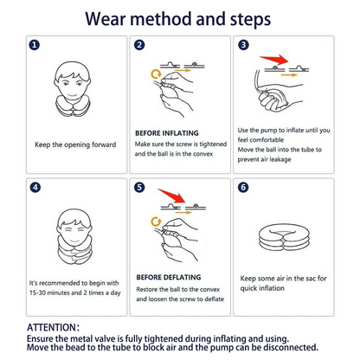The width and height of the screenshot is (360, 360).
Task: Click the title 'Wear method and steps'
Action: click(179, 18)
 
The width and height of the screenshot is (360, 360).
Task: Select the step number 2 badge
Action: click(139, 45)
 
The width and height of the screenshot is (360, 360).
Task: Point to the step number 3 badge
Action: click(243, 45)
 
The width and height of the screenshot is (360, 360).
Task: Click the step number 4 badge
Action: click(35, 186)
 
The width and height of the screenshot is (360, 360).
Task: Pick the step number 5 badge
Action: click(139, 186)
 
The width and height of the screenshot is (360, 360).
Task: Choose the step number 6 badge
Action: click(243, 186)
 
